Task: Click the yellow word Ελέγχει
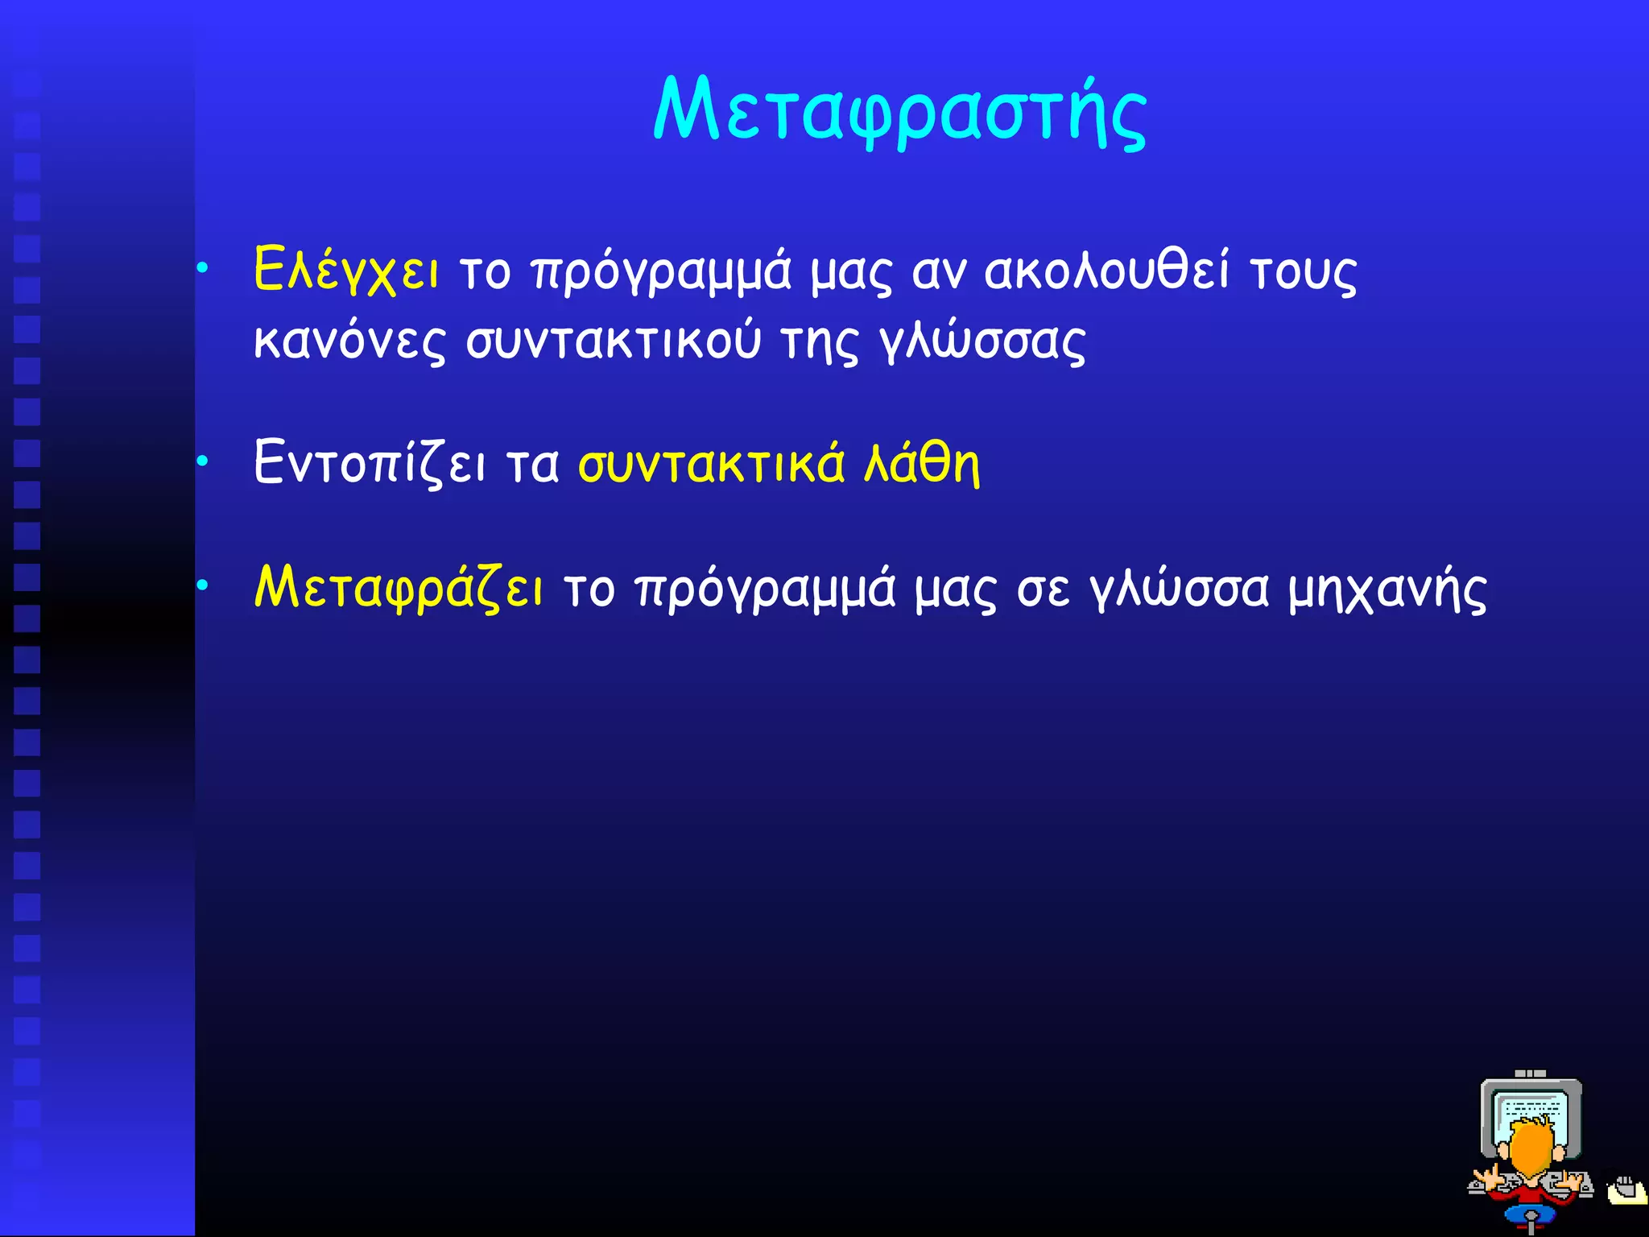click(x=346, y=270)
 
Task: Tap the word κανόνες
click(x=349, y=341)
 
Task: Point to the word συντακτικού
click(x=614, y=341)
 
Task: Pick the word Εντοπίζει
click(x=370, y=464)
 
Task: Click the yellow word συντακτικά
click(x=712, y=464)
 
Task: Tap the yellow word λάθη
click(x=922, y=464)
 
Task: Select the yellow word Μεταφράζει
click(x=399, y=589)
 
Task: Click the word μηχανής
click(x=1387, y=590)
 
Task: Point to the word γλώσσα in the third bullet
click(x=1180, y=590)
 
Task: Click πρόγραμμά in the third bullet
click(x=765, y=590)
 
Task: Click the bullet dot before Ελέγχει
click(x=203, y=267)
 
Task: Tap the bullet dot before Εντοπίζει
click(x=203, y=461)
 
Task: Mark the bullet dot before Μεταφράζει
click(x=203, y=585)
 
